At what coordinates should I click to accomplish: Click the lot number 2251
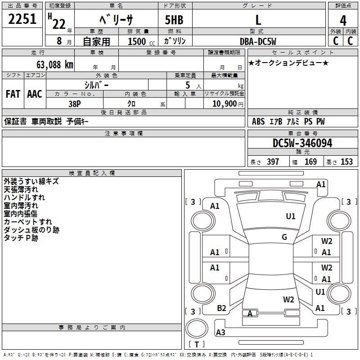pyautogui.click(x=22, y=20)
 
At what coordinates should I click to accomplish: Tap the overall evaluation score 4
pyautogui.click(x=343, y=20)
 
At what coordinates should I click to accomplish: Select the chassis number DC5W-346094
pyautogui.click(x=302, y=143)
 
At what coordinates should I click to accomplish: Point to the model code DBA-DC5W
pyautogui.click(x=258, y=41)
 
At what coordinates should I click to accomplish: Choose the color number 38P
pyautogui.click(x=75, y=103)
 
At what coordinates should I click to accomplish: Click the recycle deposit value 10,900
pyautogui.click(x=224, y=103)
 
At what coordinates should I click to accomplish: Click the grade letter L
pyautogui.click(x=258, y=20)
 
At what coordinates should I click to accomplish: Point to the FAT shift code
pyautogui.click(x=13, y=94)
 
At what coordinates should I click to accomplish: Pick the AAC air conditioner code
pyautogui.click(x=35, y=94)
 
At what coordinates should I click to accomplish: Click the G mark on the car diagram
pyautogui.click(x=284, y=237)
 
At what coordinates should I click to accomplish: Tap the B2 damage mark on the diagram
pyautogui.click(x=221, y=308)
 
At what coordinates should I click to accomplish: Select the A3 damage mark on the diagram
pyautogui.click(x=220, y=333)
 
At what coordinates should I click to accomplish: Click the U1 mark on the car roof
pyautogui.click(x=291, y=216)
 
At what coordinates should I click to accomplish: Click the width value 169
pyautogui.click(x=310, y=162)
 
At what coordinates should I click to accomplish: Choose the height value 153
pyautogui.click(x=346, y=162)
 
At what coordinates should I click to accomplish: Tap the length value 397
pyautogui.click(x=273, y=162)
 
